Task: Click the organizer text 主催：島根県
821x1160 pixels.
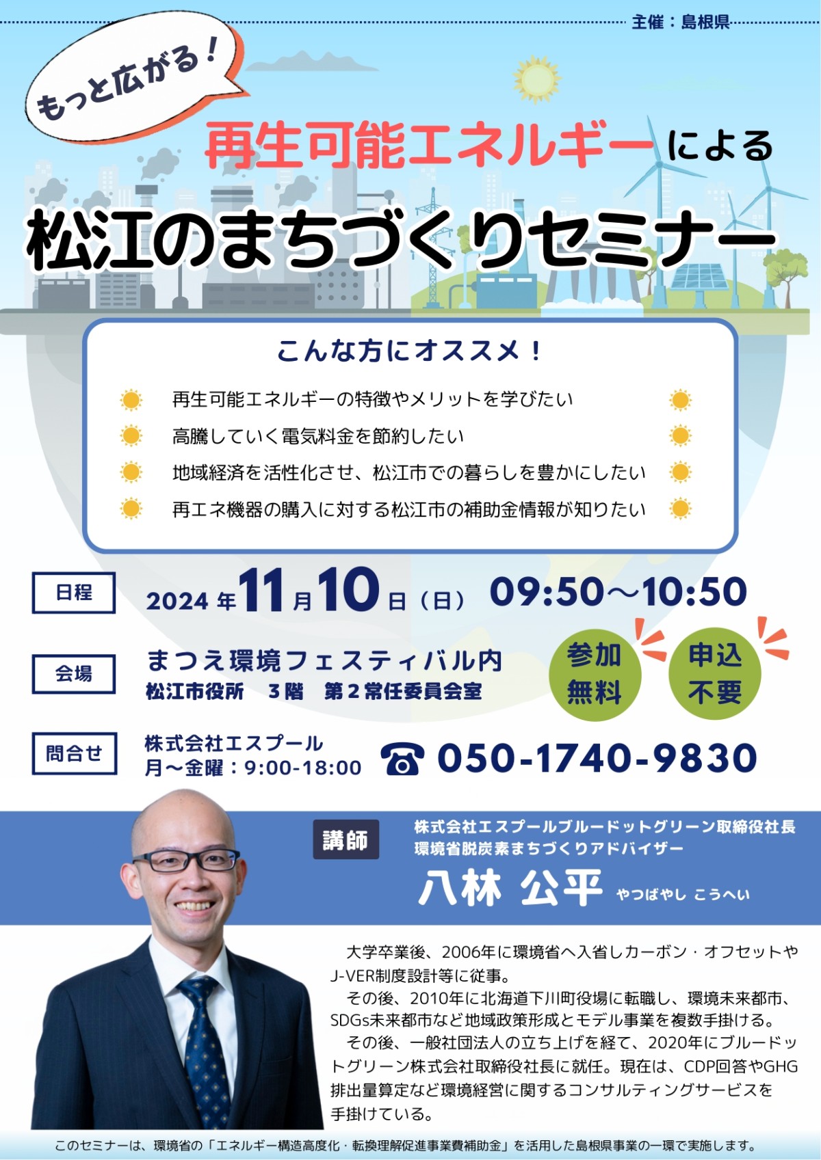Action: (680, 23)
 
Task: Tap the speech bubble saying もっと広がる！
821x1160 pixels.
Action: (135, 78)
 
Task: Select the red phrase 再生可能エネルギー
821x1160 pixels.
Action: (429, 144)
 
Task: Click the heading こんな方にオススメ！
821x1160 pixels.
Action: (410, 351)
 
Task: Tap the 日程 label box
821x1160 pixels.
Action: (74, 593)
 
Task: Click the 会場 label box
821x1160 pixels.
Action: (74, 674)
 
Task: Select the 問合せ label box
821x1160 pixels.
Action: (74, 753)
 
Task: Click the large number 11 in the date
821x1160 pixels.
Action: (261, 590)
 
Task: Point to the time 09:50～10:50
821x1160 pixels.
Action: (618, 591)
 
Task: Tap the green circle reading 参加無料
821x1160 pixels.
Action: (595, 674)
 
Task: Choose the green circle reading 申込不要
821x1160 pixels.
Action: (715, 673)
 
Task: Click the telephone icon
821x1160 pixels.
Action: (402, 759)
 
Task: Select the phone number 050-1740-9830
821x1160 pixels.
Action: (597, 757)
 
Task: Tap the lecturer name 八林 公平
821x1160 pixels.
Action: (510, 888)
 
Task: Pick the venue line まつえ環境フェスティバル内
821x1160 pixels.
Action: (324, 661)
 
